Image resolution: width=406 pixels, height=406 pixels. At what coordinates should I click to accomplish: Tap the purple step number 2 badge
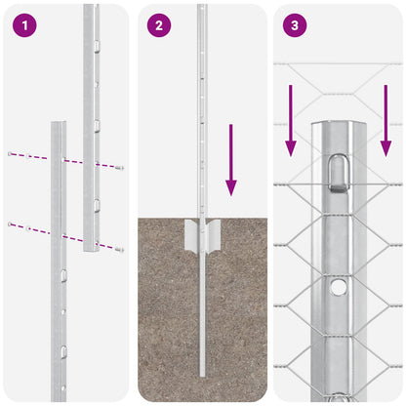[x=158, y=25]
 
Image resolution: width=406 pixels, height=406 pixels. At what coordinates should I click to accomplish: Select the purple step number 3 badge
[x=294, y=25]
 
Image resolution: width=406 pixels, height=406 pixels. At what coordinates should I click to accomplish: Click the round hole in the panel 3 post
[x=337, y=287]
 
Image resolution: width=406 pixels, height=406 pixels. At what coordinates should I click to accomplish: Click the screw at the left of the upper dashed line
[x=11, y=154]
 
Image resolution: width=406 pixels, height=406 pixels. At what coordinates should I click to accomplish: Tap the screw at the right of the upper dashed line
[x=120, y=168]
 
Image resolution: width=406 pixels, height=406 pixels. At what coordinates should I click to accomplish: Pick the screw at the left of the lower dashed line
[x=11, y=224]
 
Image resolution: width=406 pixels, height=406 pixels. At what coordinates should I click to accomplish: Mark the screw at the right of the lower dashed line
[x=121, y=250]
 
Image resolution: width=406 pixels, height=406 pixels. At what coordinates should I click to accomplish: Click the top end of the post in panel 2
[x=202, y=7]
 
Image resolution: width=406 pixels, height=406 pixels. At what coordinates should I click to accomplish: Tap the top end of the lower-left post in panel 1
[x=59, y=125]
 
